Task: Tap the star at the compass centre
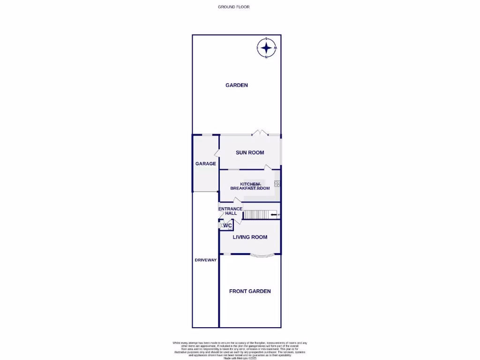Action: [x=266, y=48]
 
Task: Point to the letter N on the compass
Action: [x=266, y=57]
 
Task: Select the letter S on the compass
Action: [x=266, y=39]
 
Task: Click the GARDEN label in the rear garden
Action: [x=237, y=85]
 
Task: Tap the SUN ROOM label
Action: [x=250, y=152]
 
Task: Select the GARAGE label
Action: [x=206, y=164]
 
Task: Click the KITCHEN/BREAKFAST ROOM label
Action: [x=250, y=186]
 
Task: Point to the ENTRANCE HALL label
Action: [x=231, y=211]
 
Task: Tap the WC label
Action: [x=228, y=226]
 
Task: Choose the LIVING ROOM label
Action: [x=250, y=237]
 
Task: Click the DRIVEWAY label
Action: [x=206, y=260]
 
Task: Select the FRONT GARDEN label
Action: [x=250, y=291]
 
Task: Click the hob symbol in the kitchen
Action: [x=277, y=184]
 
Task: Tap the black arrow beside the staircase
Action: [x=274, y=215]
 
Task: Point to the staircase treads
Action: [x=255, y=215]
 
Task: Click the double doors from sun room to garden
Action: [x=260, y=133]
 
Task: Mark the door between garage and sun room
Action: [x=217, y=154]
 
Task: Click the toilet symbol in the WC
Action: [x=222, y=226]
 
